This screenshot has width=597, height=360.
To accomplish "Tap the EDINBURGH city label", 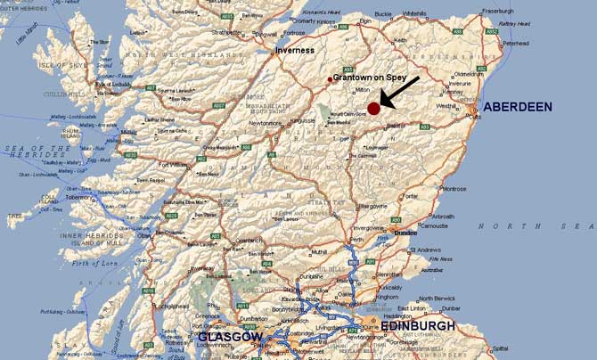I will point(417,326).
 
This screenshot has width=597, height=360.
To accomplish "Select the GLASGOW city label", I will point(230,338).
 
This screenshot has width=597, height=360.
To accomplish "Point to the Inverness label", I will point(295,50).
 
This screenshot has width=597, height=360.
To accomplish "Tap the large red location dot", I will point(373,108).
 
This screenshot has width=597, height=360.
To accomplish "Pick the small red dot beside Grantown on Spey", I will point(330,79).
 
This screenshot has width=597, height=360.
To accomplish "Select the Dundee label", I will point(405,233).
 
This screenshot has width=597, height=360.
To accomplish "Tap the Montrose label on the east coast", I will point(454,189).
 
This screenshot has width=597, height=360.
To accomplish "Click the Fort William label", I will point(175,164).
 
